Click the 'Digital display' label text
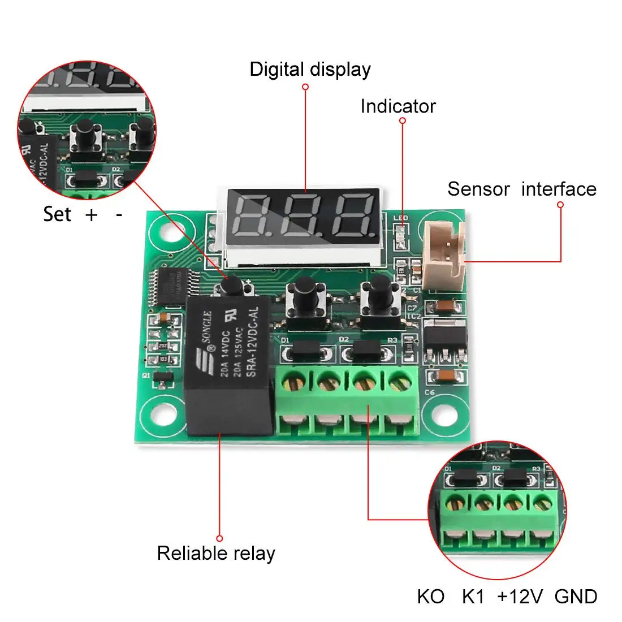coord(310,70)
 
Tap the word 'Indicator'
coord(398,106)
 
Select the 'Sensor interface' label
coord(521,189)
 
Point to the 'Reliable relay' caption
coord(215,553)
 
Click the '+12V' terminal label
coord(520,597)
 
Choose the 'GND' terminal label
coord(576,597)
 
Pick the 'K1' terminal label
coord(473,597)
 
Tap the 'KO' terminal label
coord(430,597)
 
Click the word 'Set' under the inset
coord(57,214)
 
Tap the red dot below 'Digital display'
coord(305,87)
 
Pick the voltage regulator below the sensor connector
coord(446,337)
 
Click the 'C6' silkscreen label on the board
coord(430,392)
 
